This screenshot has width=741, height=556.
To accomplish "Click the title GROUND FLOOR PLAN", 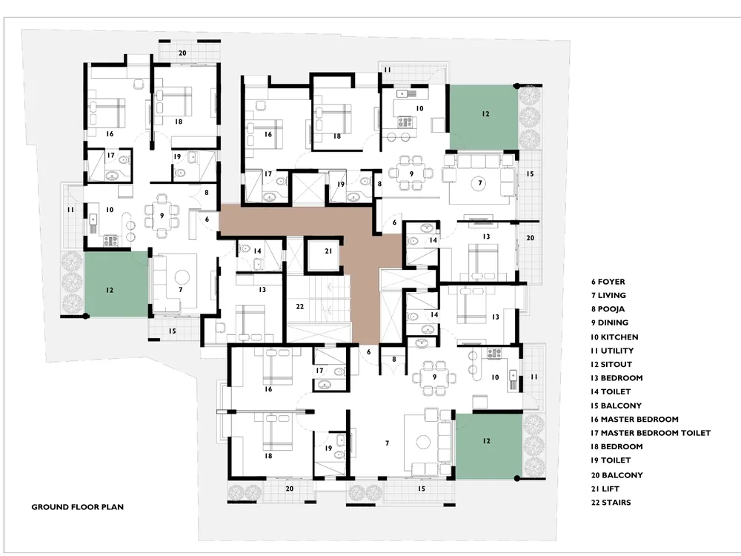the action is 78,507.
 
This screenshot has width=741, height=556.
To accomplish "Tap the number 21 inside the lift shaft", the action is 328,251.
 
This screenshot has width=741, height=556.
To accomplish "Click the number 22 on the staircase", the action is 299,306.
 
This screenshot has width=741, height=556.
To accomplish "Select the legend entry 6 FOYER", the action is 608,282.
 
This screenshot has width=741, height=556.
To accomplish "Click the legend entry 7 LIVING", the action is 608,296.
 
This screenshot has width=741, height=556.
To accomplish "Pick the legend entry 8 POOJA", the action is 608,309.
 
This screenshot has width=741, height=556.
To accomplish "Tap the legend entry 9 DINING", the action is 610,323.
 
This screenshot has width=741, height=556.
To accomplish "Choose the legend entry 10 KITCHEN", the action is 614,337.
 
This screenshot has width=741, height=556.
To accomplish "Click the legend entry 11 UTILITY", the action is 612,351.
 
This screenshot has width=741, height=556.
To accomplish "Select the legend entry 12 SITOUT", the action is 611,365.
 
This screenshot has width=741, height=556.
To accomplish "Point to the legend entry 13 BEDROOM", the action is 617,378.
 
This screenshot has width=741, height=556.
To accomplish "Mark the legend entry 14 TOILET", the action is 611,392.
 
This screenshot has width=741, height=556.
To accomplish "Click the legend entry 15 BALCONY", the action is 616,406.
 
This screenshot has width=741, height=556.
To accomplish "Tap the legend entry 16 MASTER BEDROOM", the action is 634,420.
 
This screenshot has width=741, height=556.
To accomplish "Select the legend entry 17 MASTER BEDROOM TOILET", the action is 651,433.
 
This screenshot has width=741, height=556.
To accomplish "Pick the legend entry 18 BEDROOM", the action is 617,447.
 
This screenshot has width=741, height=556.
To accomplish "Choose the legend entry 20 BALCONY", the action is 617,475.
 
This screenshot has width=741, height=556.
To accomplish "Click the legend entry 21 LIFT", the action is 605,489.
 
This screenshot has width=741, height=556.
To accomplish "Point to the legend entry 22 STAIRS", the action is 611,503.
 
